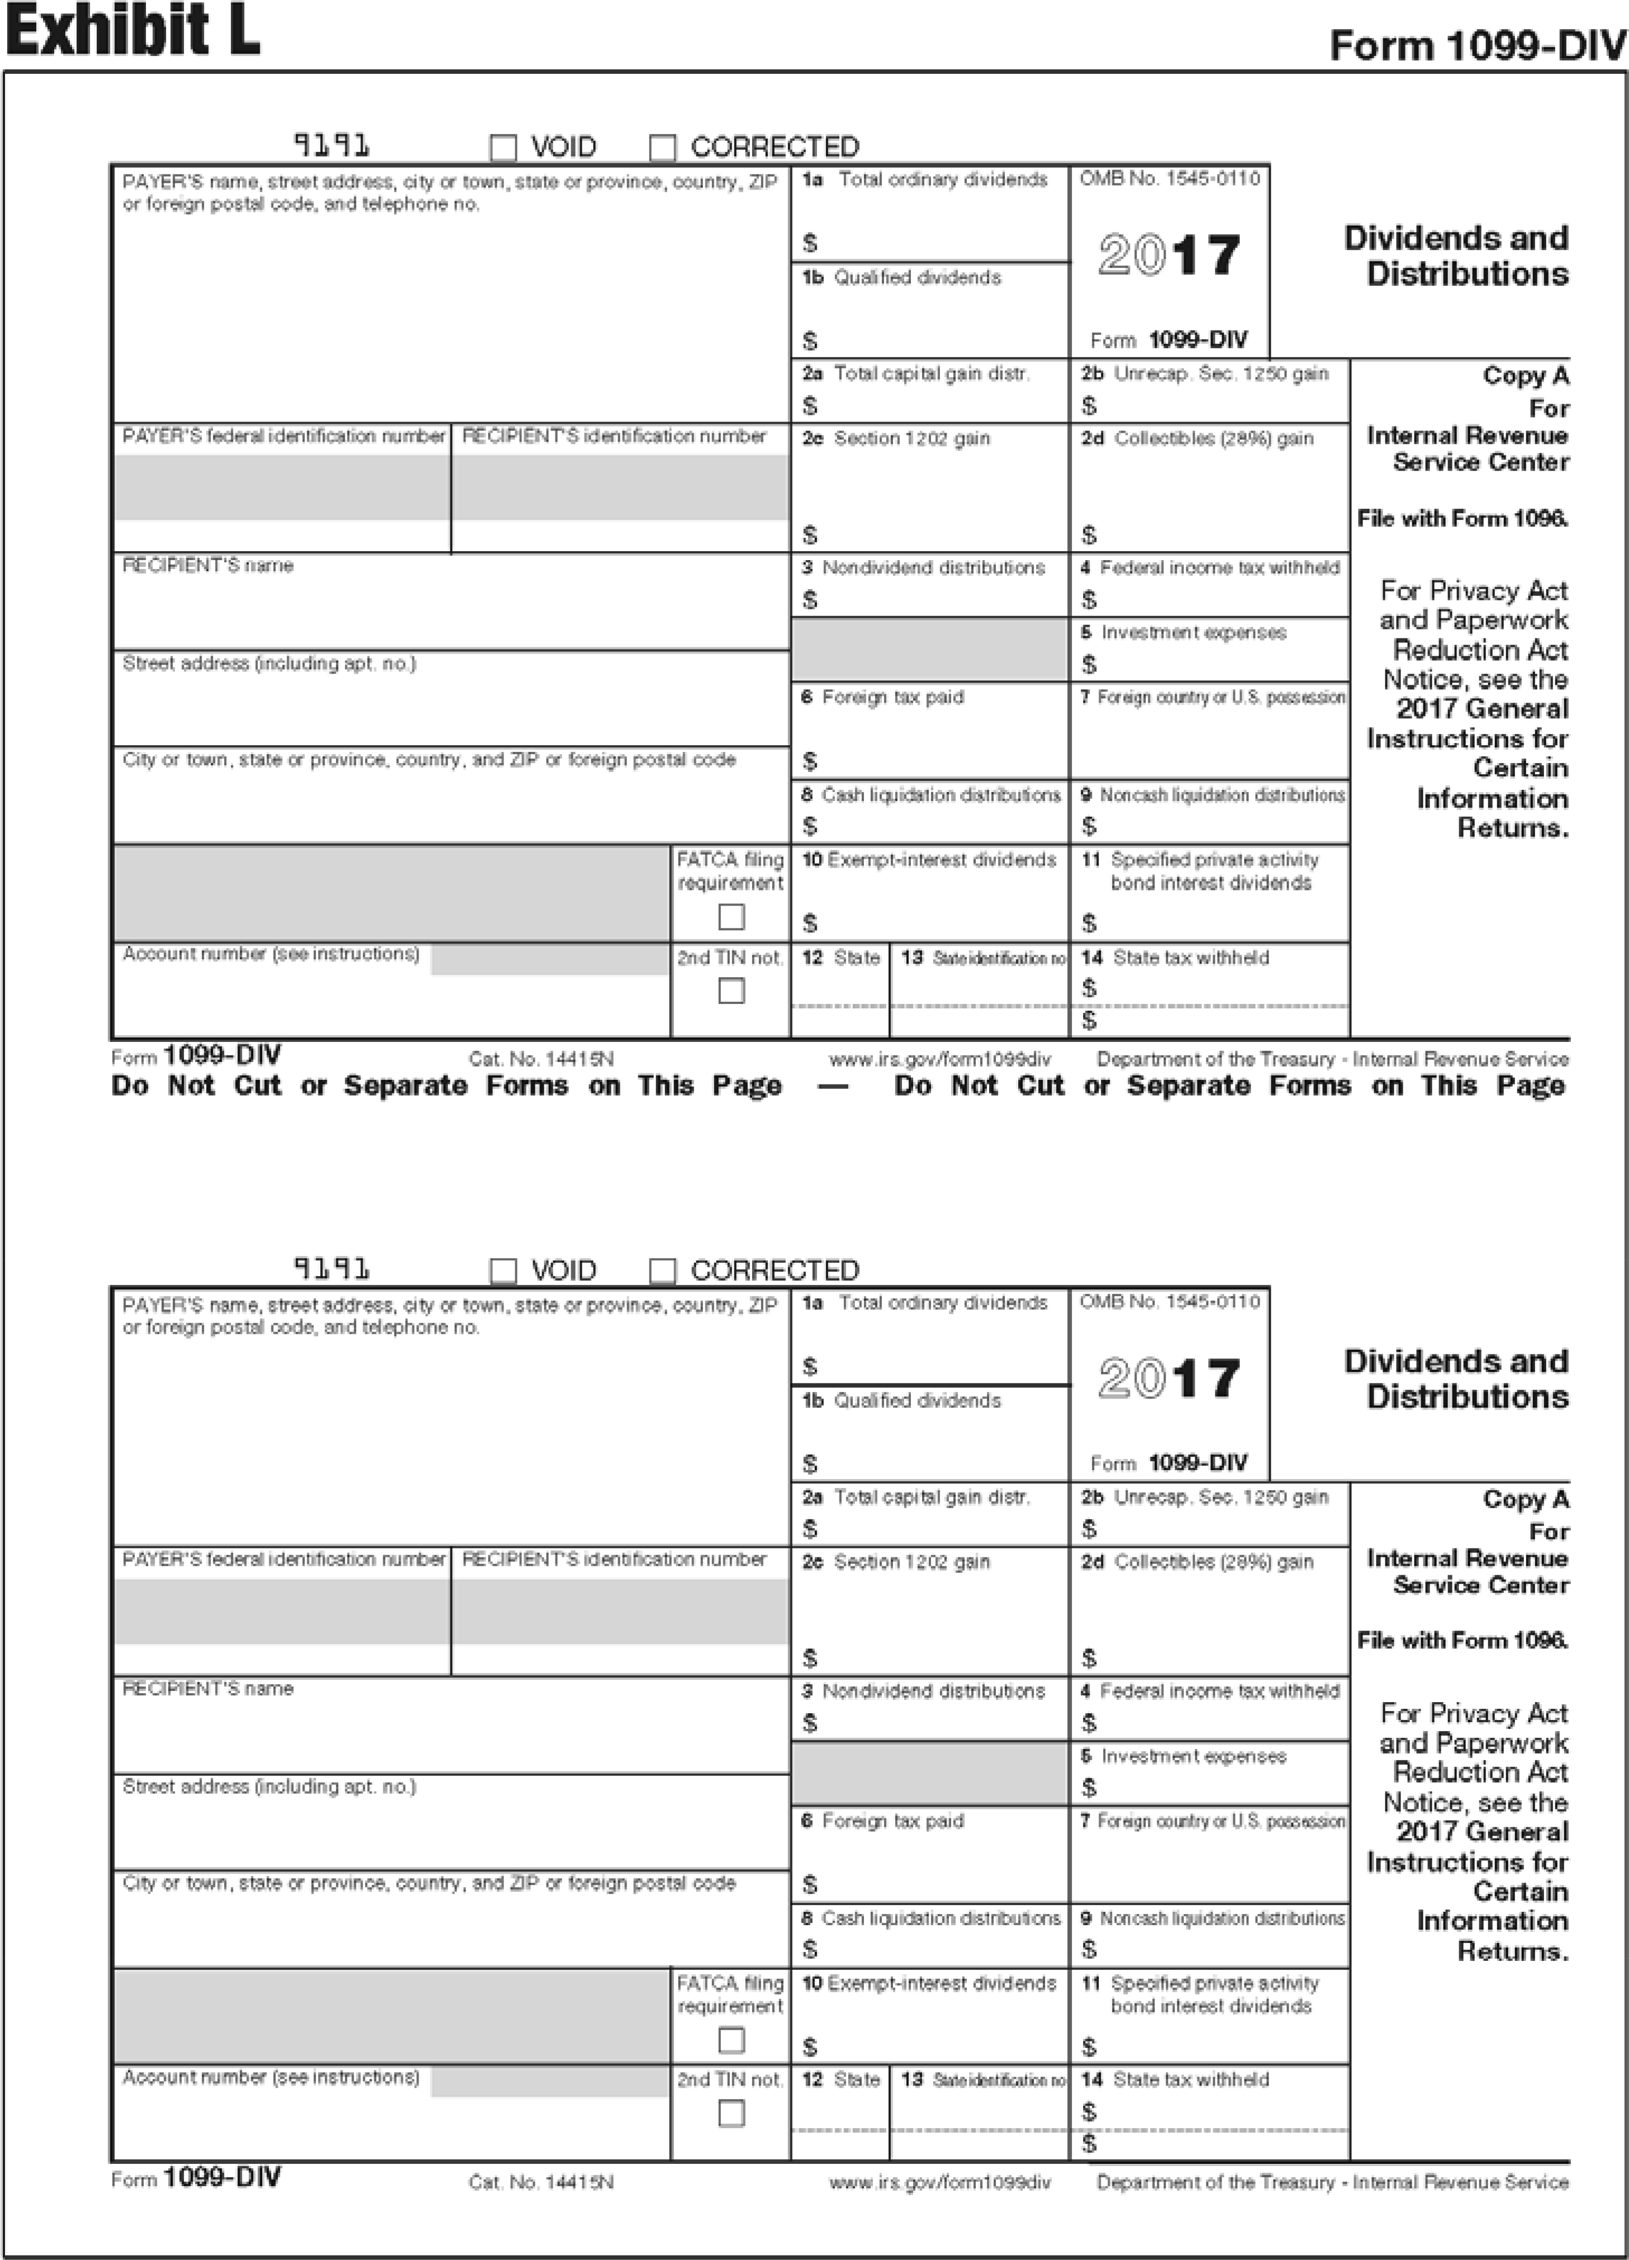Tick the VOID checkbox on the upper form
coord(503,148)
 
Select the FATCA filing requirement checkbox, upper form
coord(732,917)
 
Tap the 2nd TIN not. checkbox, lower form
coord(732,2114)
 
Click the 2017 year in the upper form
coord(1170,255)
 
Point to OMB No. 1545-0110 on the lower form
coord(1170,1301)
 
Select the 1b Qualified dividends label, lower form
coord(902,1400)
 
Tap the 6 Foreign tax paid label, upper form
coord(883,698)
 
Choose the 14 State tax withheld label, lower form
coord(1176,2079)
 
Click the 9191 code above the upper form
coord(332,145)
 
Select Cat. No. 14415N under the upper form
coord(541,1059)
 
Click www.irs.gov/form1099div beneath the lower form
coord(939,2182)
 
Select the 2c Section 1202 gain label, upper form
coord(897,438)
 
